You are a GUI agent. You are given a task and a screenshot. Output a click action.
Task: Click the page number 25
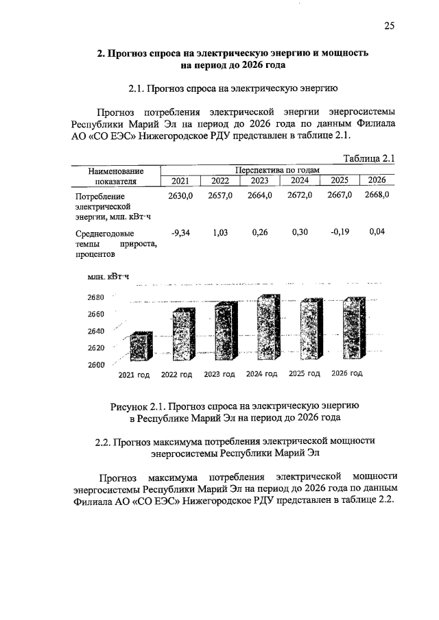click(x=389, y=26)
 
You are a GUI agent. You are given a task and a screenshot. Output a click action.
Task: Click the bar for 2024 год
click(x=268, y=329)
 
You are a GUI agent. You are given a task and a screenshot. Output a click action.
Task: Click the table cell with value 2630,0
click(x=180, y=195)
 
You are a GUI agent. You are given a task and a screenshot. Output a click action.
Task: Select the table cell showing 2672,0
click(x=300, y=195)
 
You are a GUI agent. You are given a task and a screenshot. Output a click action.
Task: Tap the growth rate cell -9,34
click(x=180, y=233)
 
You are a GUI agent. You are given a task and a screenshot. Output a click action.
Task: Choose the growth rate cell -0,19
click(x=340, y=233)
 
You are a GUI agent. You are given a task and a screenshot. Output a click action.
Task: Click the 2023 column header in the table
click(x=259, y=181)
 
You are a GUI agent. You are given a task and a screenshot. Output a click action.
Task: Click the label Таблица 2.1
click(x=369, y=158)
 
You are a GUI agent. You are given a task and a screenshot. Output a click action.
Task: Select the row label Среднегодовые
click(x=100, y=234)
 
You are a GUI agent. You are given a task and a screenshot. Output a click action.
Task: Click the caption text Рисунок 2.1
click(x=138, y=406)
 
